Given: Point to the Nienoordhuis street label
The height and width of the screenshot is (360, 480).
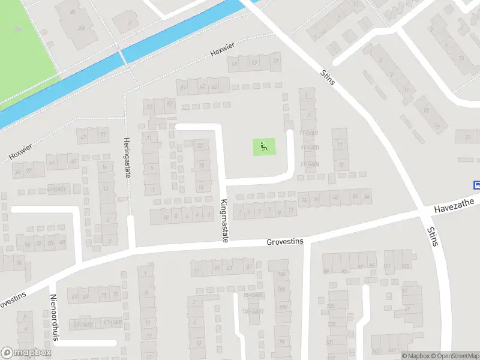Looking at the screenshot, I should (x=53, y=317).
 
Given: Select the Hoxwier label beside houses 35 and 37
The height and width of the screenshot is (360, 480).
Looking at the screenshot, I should (x=19, y=154).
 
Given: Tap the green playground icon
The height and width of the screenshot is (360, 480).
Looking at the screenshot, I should (x=264, y=146).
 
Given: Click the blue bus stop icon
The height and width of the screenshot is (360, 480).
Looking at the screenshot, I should (x=476, y=185).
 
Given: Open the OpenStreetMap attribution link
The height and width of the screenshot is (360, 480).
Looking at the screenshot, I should (x=455, y=356).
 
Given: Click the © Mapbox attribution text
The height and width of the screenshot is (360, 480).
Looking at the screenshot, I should (x=416, y=356).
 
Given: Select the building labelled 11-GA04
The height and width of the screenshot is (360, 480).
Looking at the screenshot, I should (x=310, y=164).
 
